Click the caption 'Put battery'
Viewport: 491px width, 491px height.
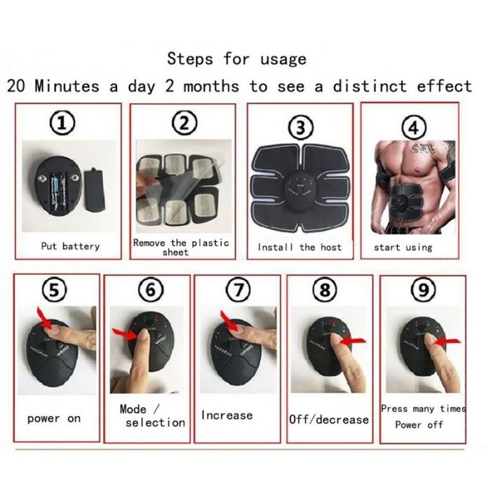pos(71,246)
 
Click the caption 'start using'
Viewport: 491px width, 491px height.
pos(403,247)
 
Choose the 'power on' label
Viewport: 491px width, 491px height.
pos(54,419)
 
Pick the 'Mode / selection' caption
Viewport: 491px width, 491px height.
pos(150,415)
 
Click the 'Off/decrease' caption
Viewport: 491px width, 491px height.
pos(329,419)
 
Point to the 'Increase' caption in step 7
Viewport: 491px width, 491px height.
pos(227,415)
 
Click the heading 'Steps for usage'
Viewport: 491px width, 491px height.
pos(236,59)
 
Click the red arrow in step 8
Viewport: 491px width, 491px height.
pos(357,340)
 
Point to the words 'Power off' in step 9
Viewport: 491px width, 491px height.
pos(419,425)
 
